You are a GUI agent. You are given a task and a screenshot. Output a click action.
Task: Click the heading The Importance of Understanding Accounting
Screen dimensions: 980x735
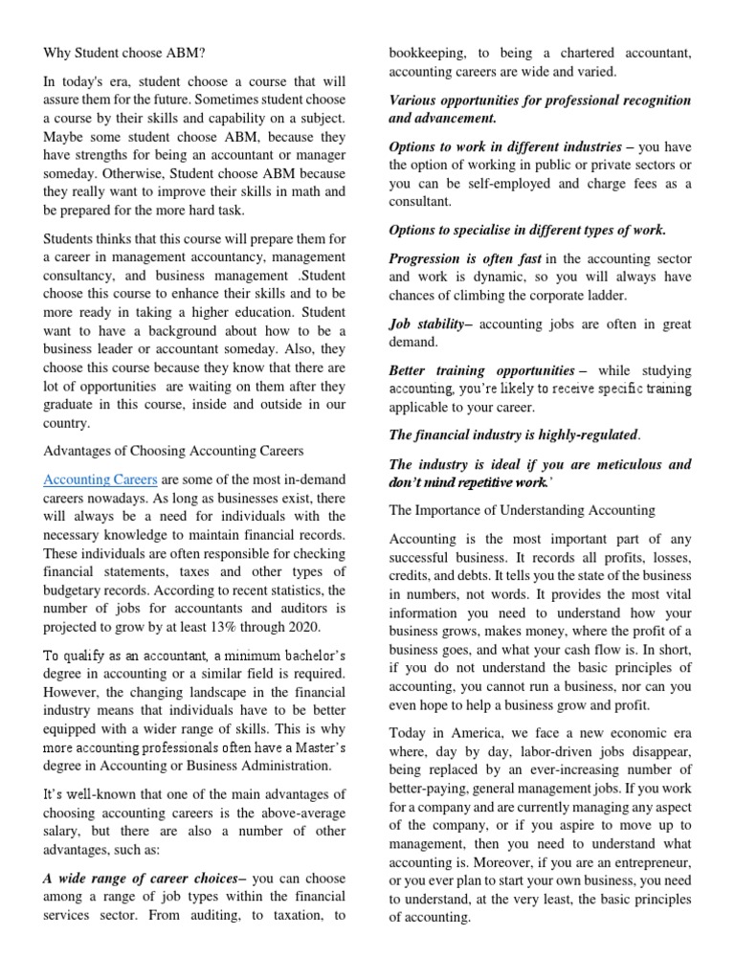point(522,510)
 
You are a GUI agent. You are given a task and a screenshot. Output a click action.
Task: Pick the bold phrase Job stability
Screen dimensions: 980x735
point(428,324)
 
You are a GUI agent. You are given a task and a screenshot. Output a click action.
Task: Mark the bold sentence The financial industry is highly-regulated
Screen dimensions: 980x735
point(513,434)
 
